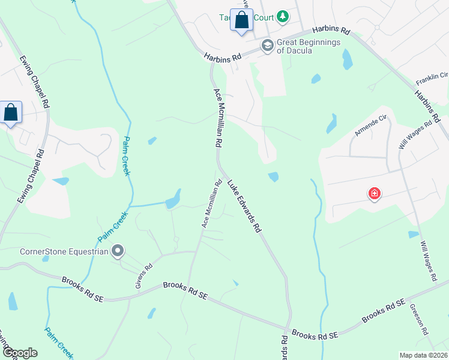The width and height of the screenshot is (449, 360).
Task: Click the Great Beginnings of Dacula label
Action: click(309, 46)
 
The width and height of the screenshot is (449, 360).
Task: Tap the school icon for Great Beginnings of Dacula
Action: click(267, 46)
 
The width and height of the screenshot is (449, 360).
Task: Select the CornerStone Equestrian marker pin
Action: click(118, 251)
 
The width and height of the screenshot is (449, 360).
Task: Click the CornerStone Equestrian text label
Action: click(64, 251)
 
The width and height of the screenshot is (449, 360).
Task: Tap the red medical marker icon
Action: click(374, 193)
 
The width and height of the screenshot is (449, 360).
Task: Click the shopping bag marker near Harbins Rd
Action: click(241, 20)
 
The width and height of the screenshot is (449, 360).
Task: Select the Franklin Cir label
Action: click(432, 76)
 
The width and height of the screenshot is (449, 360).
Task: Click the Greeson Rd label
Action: click(418, 318)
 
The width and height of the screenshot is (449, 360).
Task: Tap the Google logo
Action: click(19, 353)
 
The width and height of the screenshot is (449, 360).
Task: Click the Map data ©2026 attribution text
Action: click(423, 355)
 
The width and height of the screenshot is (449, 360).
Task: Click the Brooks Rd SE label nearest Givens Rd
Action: click(185, 292)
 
